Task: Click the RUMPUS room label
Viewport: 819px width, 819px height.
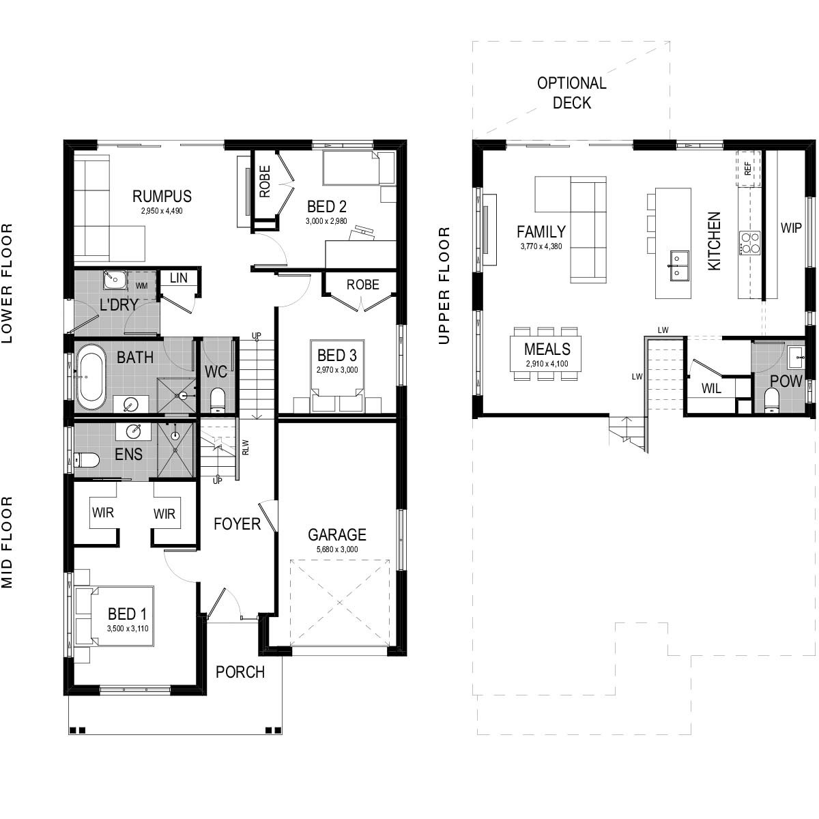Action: click(x=162, y=197)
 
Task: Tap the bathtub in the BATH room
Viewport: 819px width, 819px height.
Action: click(x=91, y=377)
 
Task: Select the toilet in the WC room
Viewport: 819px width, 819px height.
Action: click(x=217, y=400)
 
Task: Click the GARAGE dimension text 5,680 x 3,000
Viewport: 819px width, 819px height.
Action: click(x=337, y=549)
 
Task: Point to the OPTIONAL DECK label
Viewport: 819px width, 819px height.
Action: click(x=572, y=93)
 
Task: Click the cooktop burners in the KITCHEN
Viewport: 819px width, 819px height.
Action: click(x=749, y=243)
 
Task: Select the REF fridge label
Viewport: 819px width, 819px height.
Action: click(x=748, y=169)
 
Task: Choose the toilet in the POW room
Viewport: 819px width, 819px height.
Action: click(x=771, y=401)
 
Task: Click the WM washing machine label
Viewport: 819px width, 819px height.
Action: click(x=141, y=285)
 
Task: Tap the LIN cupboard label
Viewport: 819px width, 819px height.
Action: click(x=178, y=278)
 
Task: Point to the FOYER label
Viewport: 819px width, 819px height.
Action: click(x=237, y=523)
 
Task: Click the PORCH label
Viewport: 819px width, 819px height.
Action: click(x=240, y=672)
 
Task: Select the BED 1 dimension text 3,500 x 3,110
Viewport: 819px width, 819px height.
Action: click(x=128, y=629)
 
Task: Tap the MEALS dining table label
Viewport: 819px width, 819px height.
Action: click(x=547, y=349)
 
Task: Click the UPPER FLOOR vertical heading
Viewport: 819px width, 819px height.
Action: click(x=445, y=285)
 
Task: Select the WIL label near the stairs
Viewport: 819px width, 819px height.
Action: click(x=711, y=388)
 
